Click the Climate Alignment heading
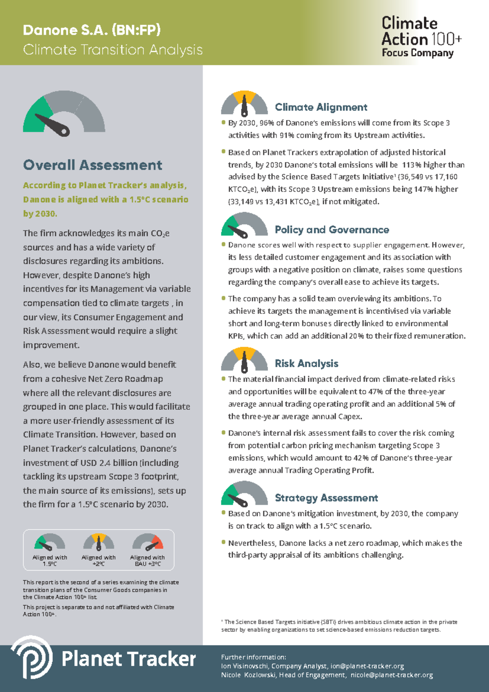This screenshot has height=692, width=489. click(321, 107)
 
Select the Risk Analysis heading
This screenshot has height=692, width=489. click(306, 364)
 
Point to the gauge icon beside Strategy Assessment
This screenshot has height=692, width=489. click(244, 494)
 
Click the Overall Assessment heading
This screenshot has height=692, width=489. click(93, 165)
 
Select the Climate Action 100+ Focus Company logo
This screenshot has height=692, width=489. click(421, 37)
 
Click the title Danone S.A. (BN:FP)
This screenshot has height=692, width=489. click(92, 30)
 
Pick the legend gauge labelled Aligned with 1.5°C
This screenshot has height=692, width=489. click(50, 542)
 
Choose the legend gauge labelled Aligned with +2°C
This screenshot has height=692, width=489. click(99, 542)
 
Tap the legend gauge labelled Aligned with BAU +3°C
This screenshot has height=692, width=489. click(148, 542)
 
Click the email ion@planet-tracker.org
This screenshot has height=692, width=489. click(367, 666)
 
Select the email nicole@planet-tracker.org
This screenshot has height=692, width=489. click(392, 675)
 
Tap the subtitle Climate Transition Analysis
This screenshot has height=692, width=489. click(112, 50)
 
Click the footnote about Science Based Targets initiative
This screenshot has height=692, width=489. click(339, 626)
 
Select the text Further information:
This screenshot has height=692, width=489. click(253, 657)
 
